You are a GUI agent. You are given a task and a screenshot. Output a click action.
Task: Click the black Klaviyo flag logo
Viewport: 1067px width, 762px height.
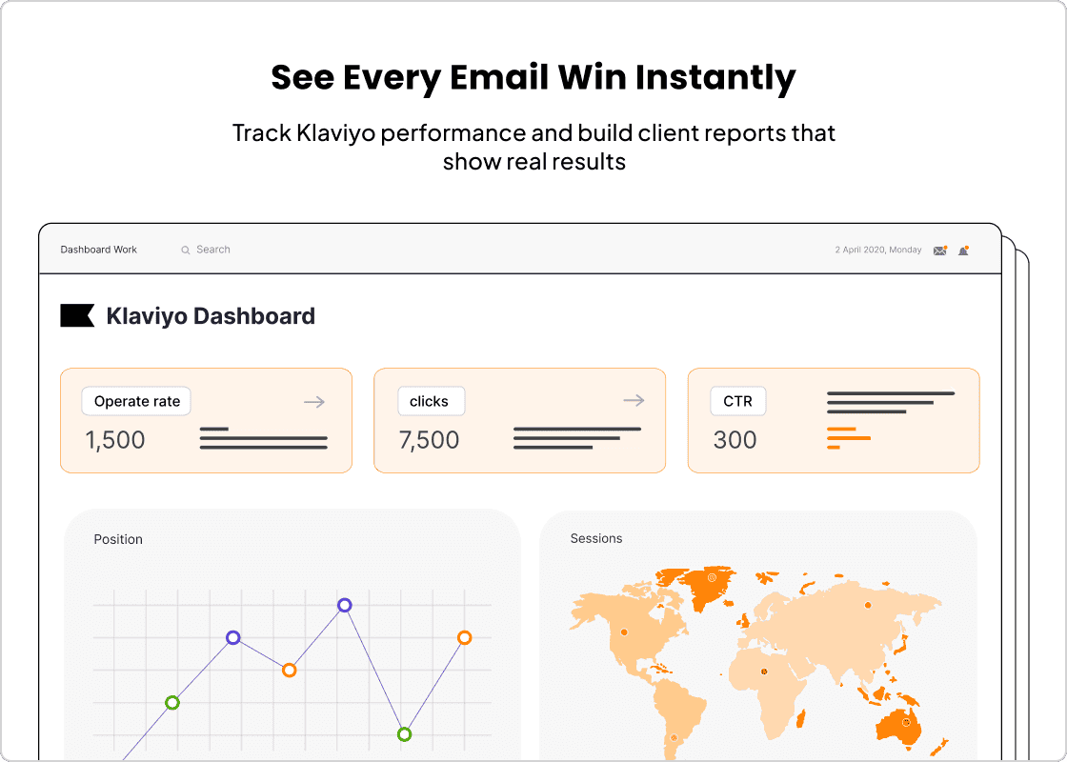(77, 316)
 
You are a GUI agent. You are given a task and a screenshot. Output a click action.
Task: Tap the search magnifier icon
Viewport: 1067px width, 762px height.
(186, 250)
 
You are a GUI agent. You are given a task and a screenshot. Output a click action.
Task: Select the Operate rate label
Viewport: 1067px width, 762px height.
(137, 401)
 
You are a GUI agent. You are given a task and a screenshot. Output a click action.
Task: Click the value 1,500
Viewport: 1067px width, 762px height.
(115, 440)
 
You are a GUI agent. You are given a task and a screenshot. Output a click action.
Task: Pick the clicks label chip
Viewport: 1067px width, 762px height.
(430, 401)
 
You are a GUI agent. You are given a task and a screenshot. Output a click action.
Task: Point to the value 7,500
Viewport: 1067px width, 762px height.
(429, 440)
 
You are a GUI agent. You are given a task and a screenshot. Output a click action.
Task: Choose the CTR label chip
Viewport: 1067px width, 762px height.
(737, 401)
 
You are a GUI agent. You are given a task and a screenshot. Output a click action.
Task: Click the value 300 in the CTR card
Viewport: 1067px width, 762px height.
(735, 440)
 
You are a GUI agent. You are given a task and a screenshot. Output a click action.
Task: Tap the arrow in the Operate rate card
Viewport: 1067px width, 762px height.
(314, 402)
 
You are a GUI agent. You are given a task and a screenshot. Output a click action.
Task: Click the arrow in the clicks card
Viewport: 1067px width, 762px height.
(634, 401)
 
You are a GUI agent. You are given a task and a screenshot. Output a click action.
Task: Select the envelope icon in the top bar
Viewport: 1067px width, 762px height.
(940, 251)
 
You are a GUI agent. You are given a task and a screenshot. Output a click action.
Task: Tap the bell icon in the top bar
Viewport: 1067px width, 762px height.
(964, 251)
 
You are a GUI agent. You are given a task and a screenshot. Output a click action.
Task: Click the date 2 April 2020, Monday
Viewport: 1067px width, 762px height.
(878, 250)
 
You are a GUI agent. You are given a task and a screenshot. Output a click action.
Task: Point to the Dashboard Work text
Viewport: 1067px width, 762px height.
(99, 250)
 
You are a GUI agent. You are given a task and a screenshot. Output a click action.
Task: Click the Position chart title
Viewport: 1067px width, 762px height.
(118, 539)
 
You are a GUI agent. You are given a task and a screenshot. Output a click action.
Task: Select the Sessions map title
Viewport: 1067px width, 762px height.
(596, 538)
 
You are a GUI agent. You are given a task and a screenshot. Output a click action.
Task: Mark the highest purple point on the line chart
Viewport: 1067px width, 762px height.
(345, 605)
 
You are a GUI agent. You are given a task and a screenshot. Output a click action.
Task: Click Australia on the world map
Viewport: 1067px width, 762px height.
(901, 726)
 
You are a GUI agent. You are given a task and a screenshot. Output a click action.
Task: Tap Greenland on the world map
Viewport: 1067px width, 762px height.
(709, 586)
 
